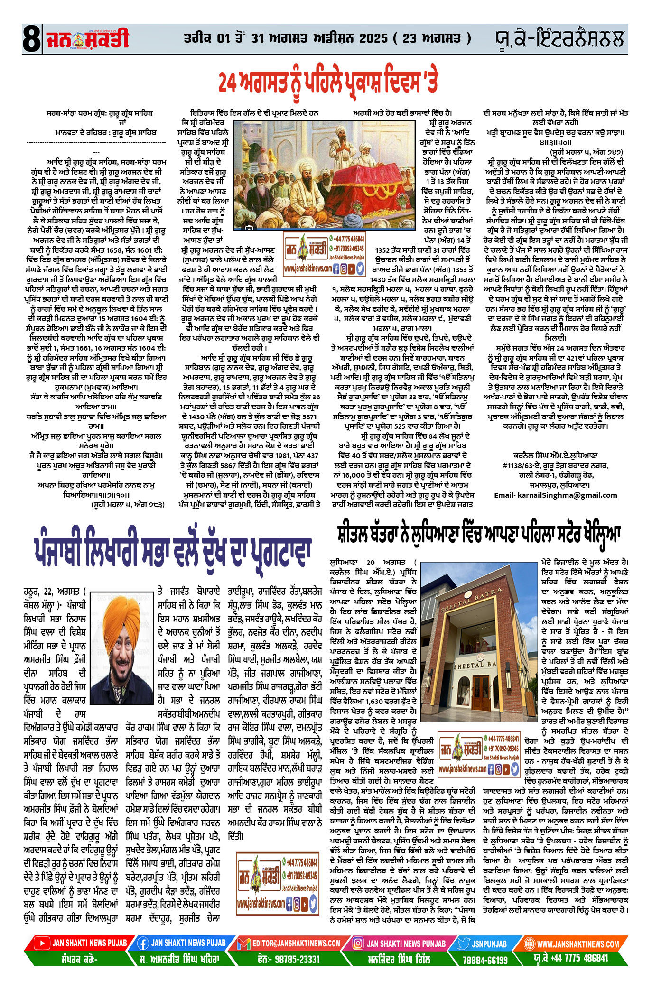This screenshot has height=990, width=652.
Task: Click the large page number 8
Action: [31, 39]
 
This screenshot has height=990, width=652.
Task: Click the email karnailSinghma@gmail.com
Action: [555, 495]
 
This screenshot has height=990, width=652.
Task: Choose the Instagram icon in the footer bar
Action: [358, 943]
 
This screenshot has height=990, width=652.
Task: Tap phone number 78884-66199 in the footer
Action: [485, 960]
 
